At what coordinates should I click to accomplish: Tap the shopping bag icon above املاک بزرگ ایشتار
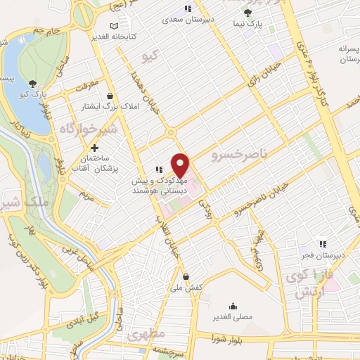point(109,96)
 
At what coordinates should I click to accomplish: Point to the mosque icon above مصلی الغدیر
point(233,307)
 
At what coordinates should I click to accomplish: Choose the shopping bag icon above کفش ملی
point(186,276)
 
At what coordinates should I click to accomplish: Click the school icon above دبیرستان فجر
point(323,244)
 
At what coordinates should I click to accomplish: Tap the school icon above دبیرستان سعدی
point(187,8)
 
